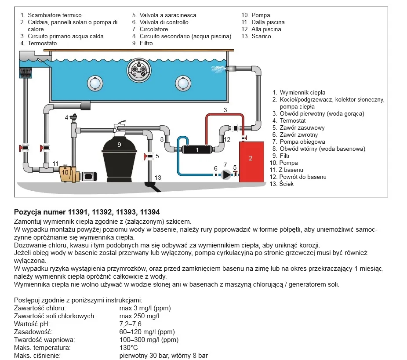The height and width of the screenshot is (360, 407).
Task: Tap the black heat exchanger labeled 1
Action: [197, 150]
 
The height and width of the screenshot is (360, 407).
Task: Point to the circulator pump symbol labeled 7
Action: [226, 175]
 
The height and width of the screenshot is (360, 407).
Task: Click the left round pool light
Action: [94, 83]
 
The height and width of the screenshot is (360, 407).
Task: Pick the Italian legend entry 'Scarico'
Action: [261, 36]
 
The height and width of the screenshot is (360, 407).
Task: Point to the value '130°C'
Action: [129, 348]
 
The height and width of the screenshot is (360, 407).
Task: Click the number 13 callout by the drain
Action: [158, 178]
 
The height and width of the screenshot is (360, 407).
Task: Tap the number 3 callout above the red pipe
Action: [225, 109]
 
